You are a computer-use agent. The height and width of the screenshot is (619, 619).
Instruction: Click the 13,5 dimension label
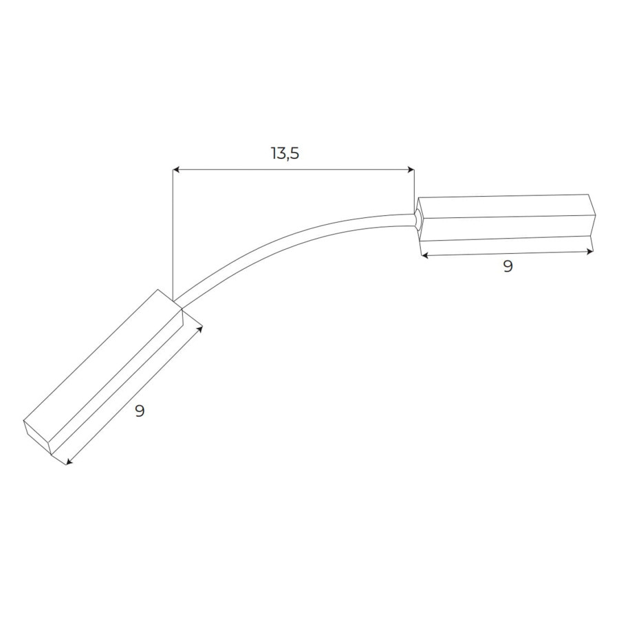point(285,153)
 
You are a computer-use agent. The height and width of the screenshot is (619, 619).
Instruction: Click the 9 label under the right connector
point(508,266)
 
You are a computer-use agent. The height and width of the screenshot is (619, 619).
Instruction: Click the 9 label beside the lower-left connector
point(140,411)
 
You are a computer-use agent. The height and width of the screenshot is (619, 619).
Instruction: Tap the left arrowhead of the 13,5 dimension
point(176,170)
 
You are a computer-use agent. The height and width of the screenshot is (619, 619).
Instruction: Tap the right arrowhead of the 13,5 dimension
point(411,170)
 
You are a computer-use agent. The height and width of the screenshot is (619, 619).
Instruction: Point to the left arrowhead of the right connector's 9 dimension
point(424,256)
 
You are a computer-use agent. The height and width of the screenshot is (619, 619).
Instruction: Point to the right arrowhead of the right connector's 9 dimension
point(589,251)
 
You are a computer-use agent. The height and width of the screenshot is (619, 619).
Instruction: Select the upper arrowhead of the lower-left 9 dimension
point(199,329)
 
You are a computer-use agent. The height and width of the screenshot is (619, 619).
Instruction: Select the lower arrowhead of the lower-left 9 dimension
point(69,461)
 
